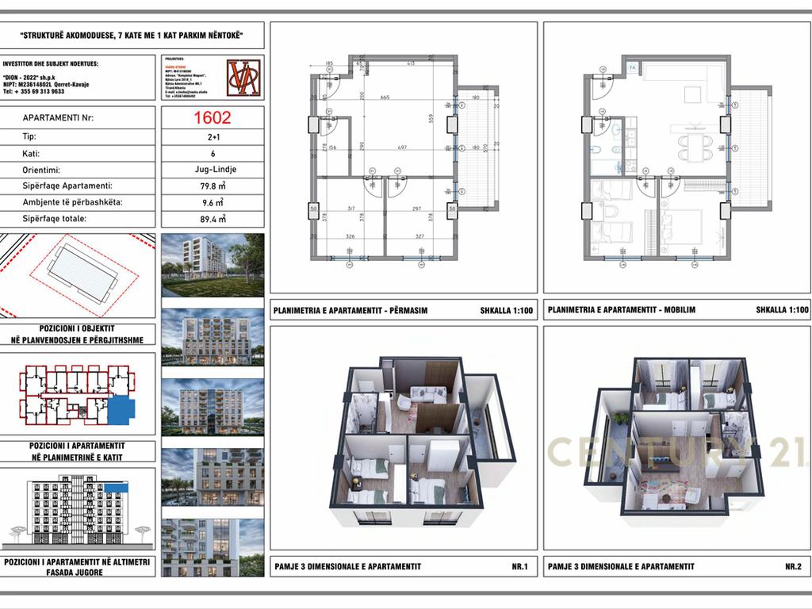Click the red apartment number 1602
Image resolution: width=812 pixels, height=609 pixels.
[213, 118]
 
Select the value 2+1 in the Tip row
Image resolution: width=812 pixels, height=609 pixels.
[213, 136]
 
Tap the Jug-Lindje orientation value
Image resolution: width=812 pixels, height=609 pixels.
[213, 170]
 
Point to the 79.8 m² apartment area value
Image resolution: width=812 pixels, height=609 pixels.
[213, 186]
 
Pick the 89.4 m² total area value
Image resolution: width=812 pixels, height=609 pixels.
[213, 219]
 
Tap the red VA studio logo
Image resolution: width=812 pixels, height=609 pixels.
[244, 78]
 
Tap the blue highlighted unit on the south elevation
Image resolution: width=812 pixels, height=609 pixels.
[115, 487]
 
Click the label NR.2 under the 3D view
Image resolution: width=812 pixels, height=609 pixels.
[793, 566]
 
